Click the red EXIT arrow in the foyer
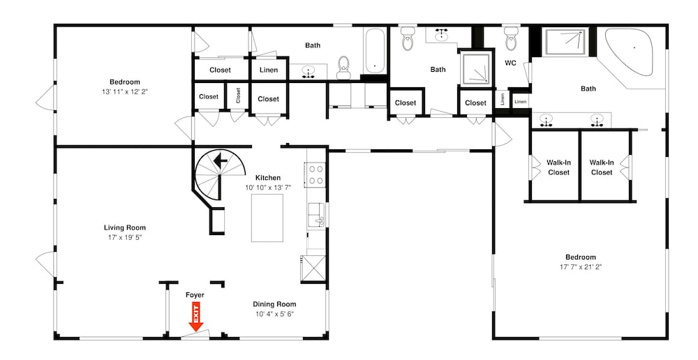point(195,316)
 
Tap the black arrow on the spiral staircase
point(221,159)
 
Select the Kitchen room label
point(268,177)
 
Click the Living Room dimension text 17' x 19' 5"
point(125,237)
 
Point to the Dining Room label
point(274,304)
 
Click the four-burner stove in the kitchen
point(315,174)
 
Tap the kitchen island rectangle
point(267,218)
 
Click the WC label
point(510,63)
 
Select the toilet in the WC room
point(511,39)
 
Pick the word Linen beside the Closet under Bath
point(269,70)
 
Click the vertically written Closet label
point(238,95)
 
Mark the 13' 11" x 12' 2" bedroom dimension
point(125,91)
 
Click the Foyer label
point(195,294)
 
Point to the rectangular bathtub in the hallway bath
point(375,51)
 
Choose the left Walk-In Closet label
point(558,167)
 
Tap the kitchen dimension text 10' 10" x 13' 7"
point(268,188)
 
